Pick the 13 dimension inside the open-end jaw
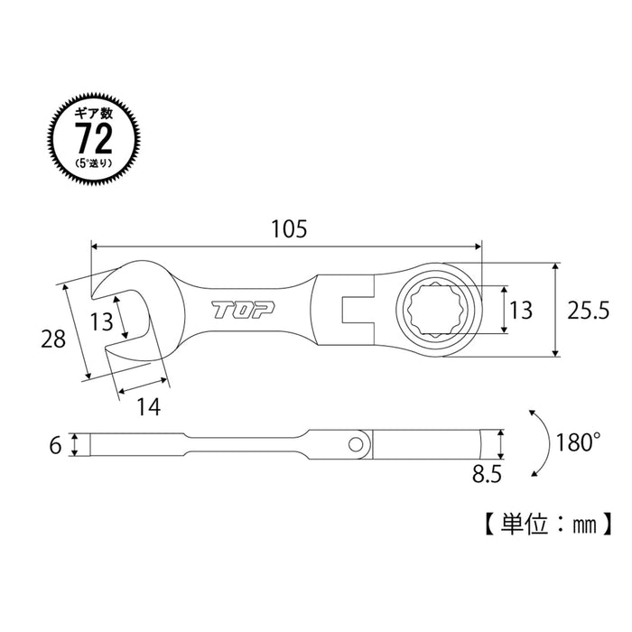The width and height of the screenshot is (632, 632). (101, 321)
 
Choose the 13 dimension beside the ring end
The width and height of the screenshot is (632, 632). (521, 310)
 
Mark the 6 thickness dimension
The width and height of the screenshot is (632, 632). (57, 445)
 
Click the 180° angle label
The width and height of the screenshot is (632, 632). (578, 442)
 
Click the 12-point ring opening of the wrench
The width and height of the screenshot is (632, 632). (435, 309)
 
